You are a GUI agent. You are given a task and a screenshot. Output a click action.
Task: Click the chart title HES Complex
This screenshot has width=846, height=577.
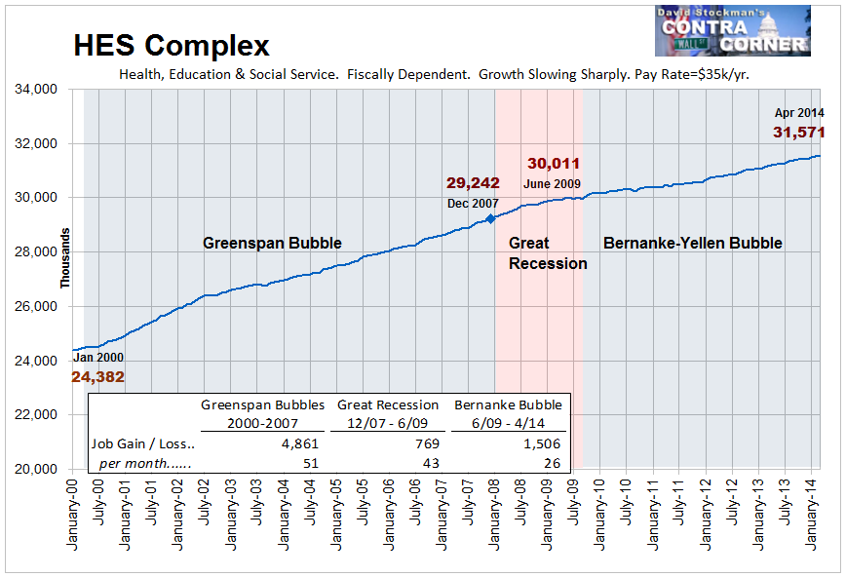[x=172, y=45]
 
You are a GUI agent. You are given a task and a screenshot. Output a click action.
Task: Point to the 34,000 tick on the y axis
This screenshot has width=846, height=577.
[x=45, y=89]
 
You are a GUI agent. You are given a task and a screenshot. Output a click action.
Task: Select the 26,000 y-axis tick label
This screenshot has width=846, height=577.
[x=45, y=306]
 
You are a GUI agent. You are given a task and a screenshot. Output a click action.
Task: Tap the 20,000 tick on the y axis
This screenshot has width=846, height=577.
[x=45, y=469]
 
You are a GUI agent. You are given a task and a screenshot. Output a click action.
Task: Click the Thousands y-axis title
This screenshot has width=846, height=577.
[x=66, y=257]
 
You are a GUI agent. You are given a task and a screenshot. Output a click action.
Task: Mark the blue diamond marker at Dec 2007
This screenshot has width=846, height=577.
[x=490, y=219]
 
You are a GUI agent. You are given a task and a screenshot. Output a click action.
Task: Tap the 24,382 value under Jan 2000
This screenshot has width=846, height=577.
[x=97, y=377]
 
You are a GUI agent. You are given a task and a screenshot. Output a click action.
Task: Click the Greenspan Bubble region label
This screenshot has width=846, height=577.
[x=272, y=243]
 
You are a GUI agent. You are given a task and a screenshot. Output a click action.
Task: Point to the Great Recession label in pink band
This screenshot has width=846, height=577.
[x=548, y=253]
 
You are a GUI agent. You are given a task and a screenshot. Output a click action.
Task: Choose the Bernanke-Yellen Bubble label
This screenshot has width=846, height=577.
[x=692, y=243]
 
